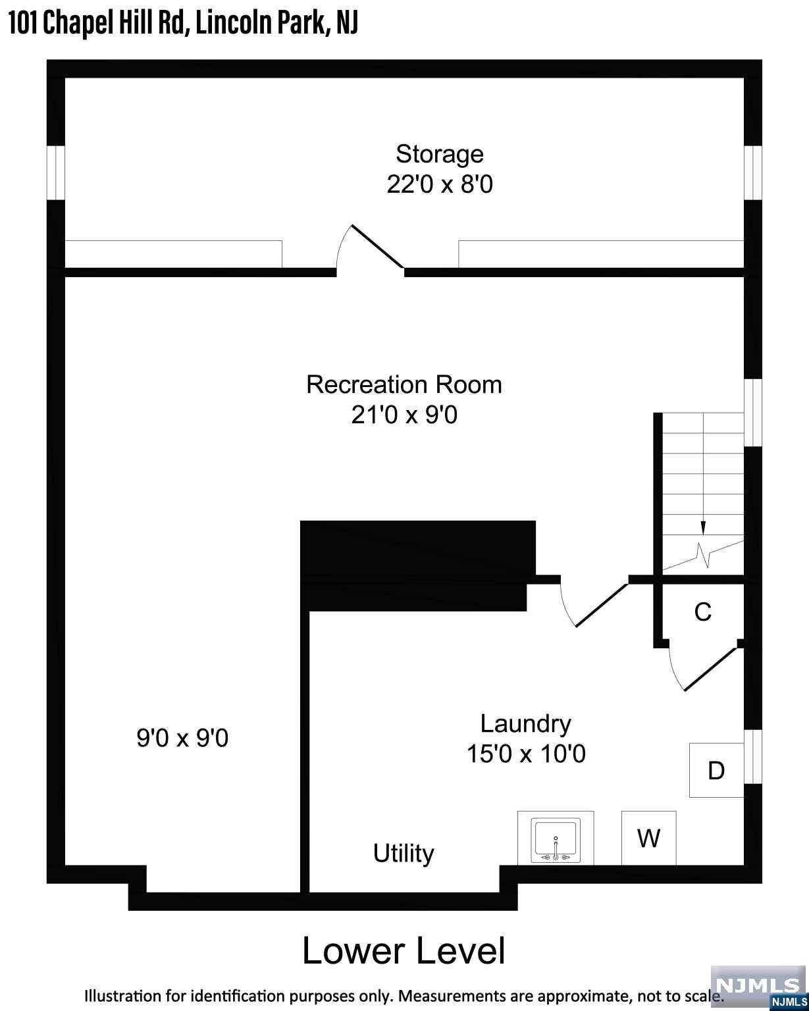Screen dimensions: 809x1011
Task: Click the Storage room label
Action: [x=439, y=154]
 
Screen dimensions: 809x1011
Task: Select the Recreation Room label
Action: [x=404, y=384]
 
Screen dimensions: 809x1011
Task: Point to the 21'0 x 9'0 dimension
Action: [x=404, y=415]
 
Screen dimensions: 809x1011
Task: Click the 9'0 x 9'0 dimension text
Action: [x=182, y=738]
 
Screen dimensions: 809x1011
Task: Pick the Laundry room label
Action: [x=525, y=723]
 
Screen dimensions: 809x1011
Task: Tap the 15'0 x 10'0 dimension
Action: [x=526, y=754]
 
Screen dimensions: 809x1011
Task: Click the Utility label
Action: [x=404, y=852]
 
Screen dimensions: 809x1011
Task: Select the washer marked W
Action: [x=649, y=838]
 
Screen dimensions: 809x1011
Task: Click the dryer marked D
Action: [x=716, y=771]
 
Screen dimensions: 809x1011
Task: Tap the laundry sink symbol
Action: [x=556, y=838]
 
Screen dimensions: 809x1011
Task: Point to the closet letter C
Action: [x=703, y=612]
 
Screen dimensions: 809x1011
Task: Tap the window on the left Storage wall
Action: [x=55, y=173]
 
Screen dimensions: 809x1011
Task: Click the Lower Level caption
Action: [x=404, y=951]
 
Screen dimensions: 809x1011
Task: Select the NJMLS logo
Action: [x=758, y=987]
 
